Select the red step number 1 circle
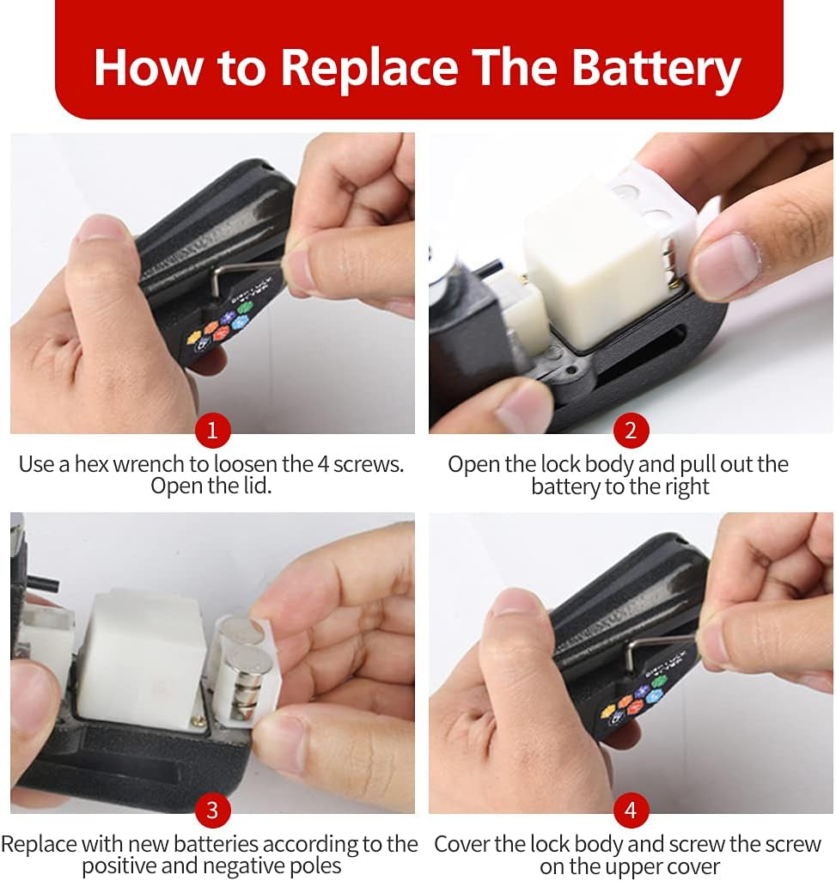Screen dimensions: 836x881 (212, 431)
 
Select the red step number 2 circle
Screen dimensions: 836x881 (631, 431)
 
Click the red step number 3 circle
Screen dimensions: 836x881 (212, 810)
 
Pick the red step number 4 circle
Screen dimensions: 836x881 (631, 810)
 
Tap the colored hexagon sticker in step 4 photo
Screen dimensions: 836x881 (633, 701)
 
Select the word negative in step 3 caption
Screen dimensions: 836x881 (246, 866)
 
